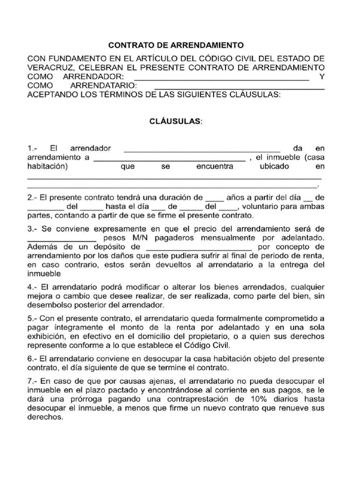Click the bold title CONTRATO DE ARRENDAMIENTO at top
click(x=176, y=45)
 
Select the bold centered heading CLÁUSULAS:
click(x=176, y=121)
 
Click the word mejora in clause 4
click(x=39, y=296)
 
